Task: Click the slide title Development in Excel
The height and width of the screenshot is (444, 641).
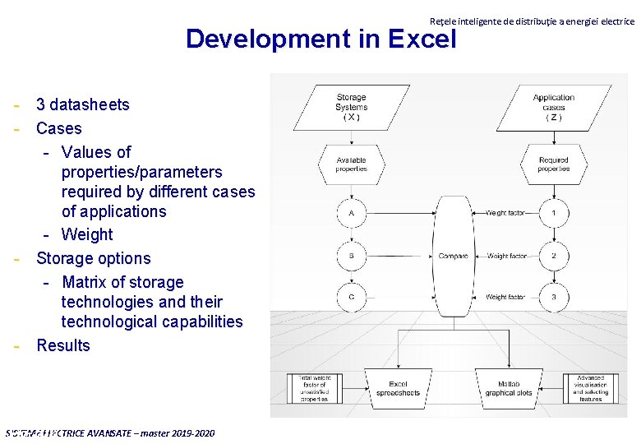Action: [320, 39]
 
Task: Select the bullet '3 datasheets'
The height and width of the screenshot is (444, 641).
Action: [82, 104]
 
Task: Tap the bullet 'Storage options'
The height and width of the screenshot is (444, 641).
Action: [93, 258]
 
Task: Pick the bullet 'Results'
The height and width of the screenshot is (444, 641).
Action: [63, 345]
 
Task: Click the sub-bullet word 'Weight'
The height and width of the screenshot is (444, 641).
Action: [86, 234]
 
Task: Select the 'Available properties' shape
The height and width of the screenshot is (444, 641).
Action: [351, 164]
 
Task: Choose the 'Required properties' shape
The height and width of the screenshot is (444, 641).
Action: [554, 164]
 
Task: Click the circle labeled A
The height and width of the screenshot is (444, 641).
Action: [351, 213]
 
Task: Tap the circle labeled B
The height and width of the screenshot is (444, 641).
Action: [351, 256]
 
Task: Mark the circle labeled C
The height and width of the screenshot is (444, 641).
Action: [351, 297]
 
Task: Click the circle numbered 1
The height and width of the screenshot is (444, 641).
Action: [554, 213]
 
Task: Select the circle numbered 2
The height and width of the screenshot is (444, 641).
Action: [554, 256]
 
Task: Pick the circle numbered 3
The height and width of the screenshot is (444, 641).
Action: [554, 297]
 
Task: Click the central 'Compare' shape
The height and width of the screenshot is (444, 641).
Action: [454, 256]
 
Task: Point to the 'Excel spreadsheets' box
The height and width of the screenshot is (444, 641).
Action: [398, 388]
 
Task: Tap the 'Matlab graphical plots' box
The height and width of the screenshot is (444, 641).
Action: [514, 388]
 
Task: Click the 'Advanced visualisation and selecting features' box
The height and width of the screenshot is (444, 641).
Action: [590, 388]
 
